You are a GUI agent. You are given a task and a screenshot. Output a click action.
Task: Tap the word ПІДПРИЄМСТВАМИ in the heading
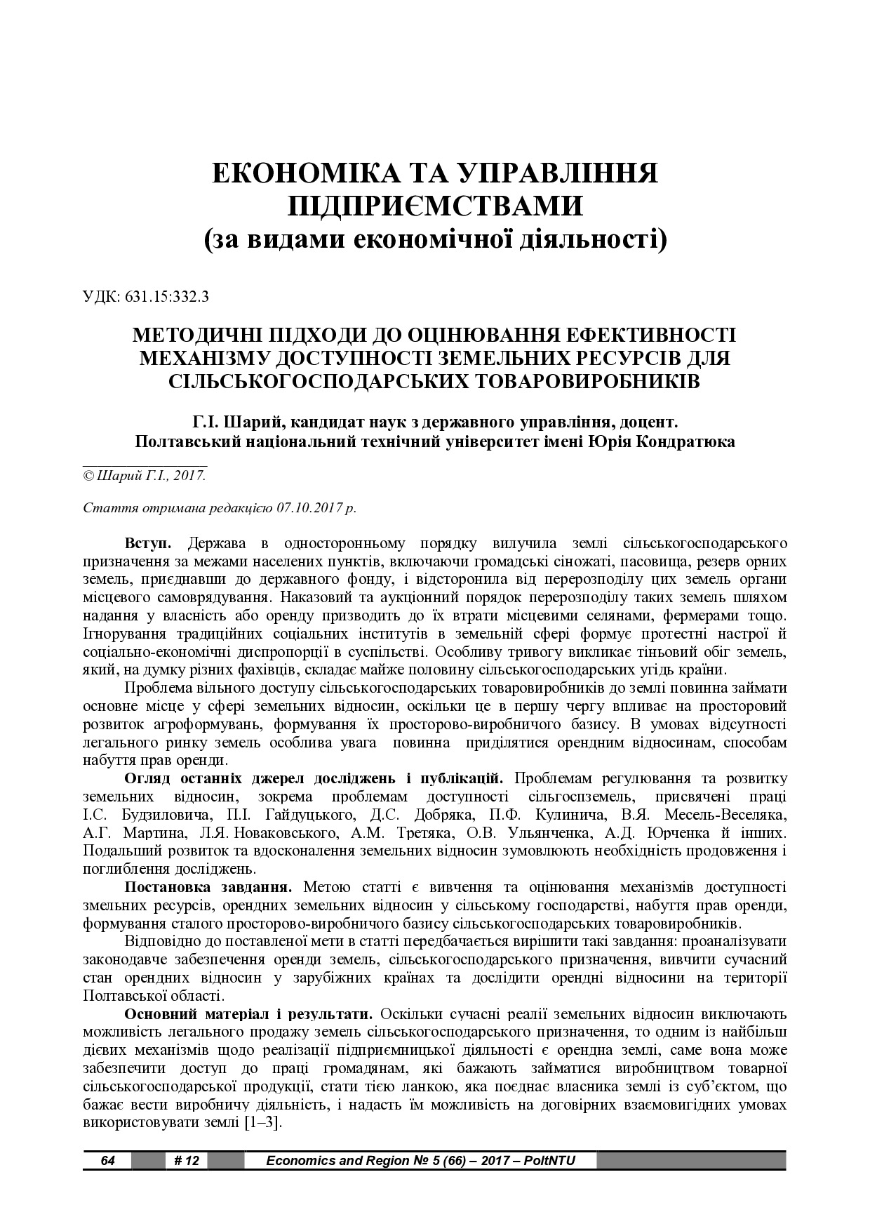[435, 206]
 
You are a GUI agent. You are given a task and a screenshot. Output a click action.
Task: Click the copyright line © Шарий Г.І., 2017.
[145, 475]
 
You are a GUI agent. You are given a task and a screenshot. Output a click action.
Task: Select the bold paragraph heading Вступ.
[147, 543]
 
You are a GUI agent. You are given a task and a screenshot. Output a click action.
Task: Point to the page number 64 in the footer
[107, 1160]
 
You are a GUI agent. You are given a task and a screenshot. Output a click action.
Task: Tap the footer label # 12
[186, 1160]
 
